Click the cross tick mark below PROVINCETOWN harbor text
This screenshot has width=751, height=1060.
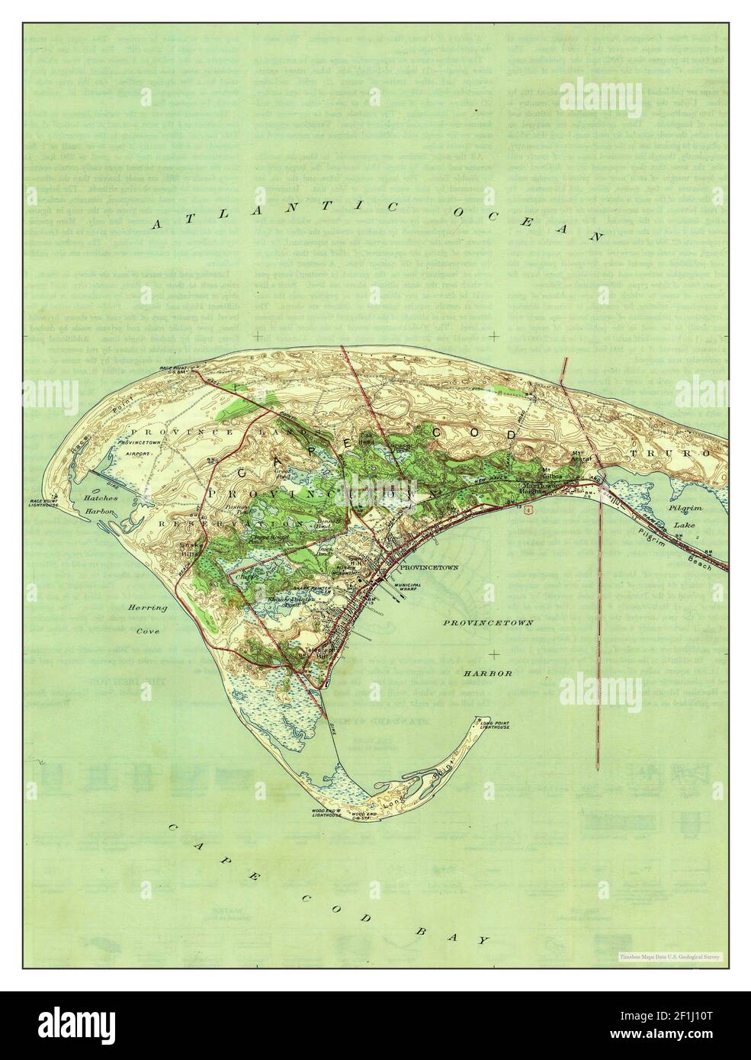pyautogui.click(x=496, y=654)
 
